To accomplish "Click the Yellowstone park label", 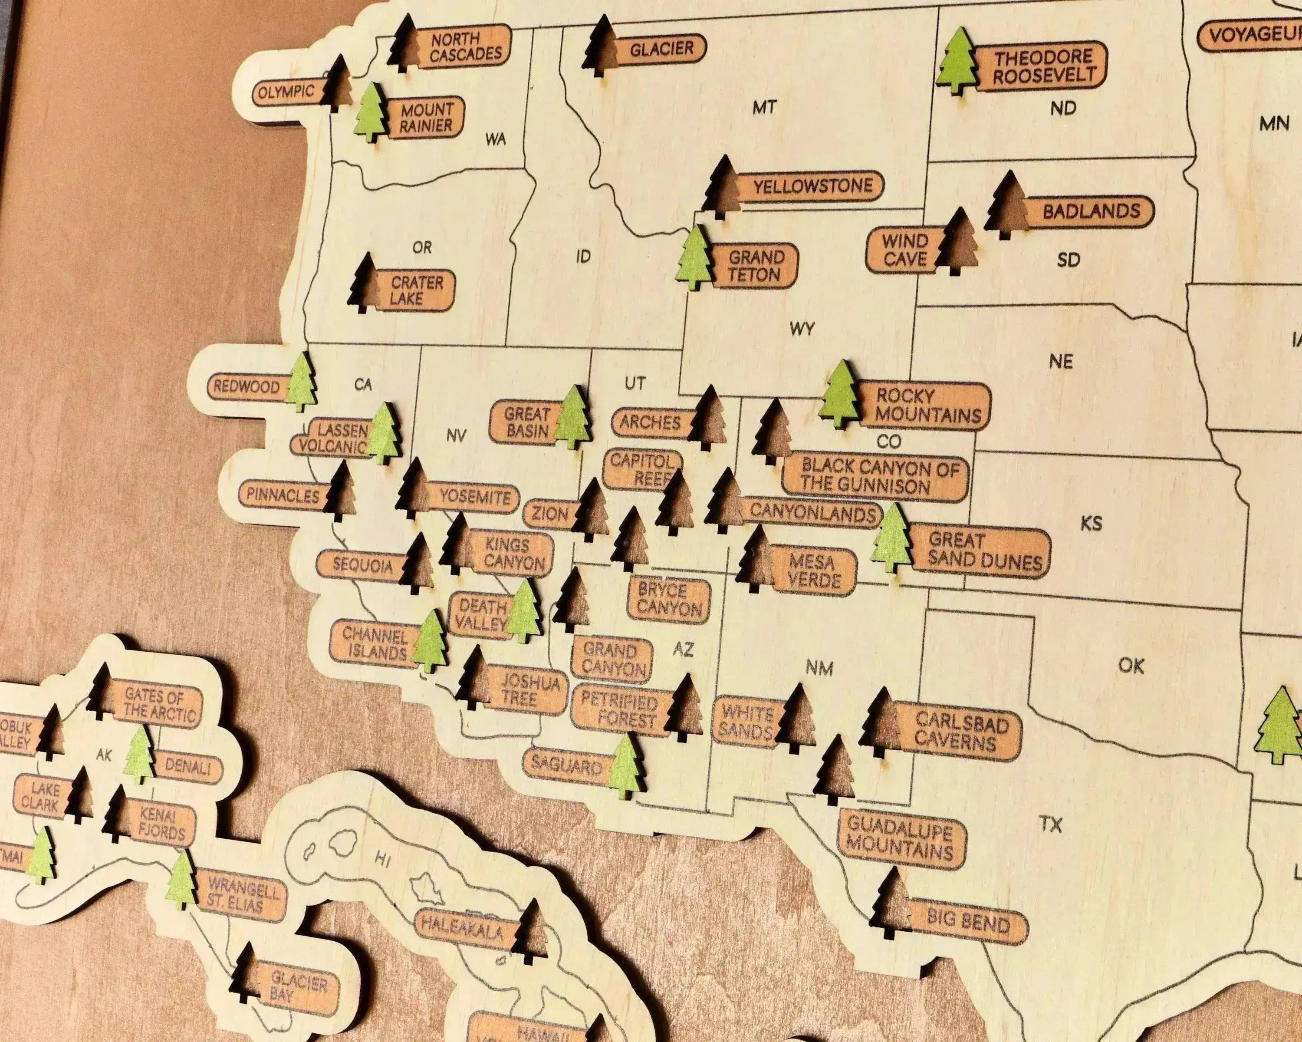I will pos(812,186).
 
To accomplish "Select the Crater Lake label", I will pos(417,290).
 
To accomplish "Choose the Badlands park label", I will pos(1091,211).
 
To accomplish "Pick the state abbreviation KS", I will pos(1091,523).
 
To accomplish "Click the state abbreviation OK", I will pos(1131,666).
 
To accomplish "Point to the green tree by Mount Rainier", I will pos(370,113).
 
